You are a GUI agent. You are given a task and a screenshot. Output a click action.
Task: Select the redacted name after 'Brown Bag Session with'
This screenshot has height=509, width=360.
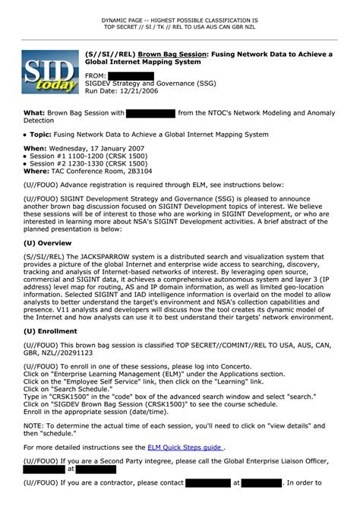click(150, 113)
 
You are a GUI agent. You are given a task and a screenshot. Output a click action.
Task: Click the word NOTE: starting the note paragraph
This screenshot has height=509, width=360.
click(33, 426)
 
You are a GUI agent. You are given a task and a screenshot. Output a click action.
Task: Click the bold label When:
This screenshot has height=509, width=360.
click(35, 148)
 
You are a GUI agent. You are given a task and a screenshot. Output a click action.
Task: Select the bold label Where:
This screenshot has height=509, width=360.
click(36, 171)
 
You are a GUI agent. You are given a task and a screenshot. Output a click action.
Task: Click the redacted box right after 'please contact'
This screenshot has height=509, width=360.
click(207, 482)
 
